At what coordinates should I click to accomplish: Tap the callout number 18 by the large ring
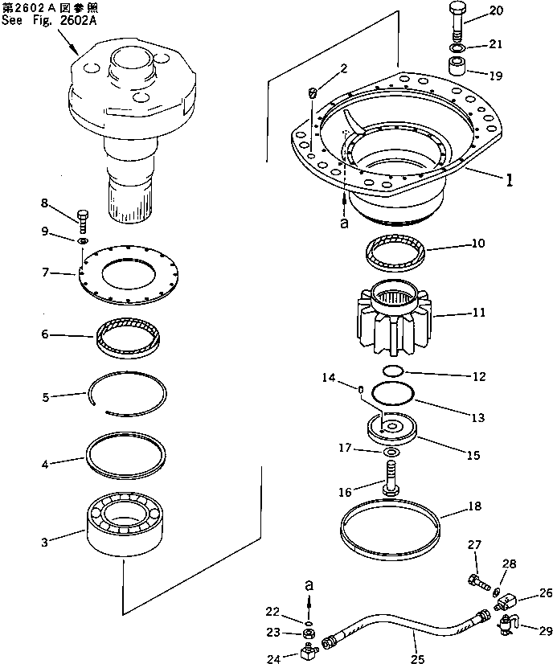(x=474, y=508)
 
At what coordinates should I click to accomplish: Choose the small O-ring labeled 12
(x=391, y=371)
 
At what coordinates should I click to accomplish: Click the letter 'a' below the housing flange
(x=344, y=224)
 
